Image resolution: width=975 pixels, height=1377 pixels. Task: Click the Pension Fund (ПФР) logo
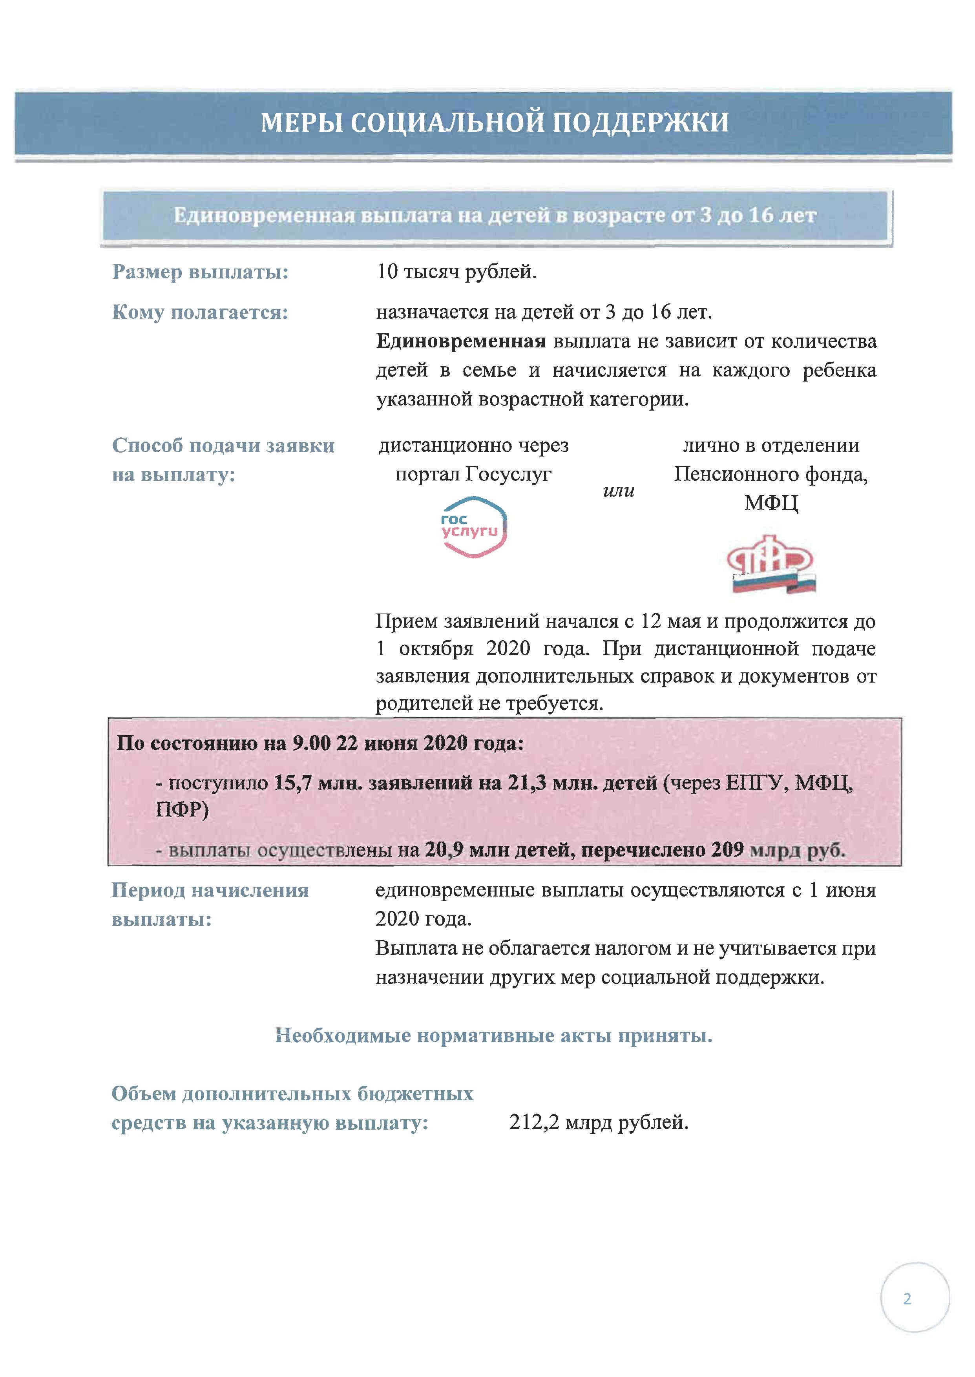[x=771, y=564]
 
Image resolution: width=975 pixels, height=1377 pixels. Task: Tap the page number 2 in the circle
[x=907, y=1298]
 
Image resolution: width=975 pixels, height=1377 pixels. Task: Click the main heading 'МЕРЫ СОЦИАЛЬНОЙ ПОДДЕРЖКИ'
[x=495, y=122]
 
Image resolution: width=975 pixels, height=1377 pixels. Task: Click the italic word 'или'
[x=618, y=491]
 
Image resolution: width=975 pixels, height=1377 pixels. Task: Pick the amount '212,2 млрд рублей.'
[x=599, y=1121]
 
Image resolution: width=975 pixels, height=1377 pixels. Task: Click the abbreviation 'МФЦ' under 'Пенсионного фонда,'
[x=771, y=502]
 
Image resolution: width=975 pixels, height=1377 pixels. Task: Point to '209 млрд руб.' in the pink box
[x=778, y=849]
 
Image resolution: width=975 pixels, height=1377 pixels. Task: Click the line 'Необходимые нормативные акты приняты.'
[x=493, y=1035]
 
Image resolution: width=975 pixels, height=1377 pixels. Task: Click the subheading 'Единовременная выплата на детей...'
[x=495, y=215]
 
